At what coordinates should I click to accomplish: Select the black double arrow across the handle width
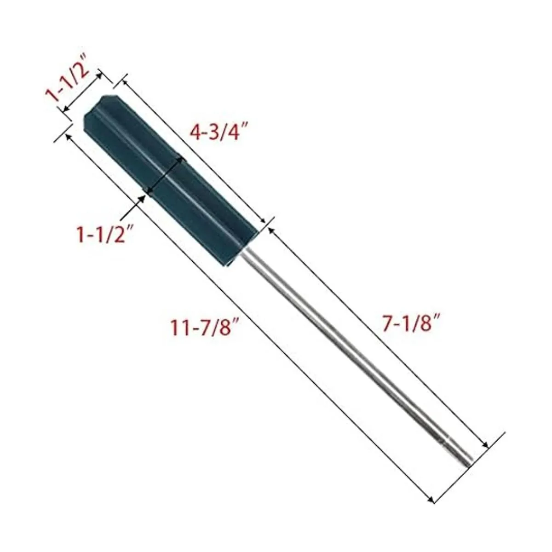pos(164,173)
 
